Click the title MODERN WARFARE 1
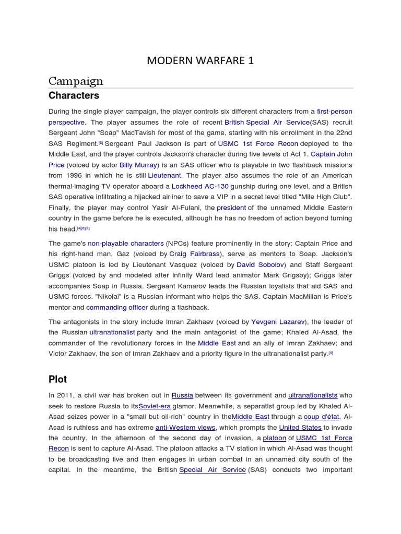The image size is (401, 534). [200, 60]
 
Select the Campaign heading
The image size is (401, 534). [76, 81]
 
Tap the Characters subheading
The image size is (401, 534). [74, 96]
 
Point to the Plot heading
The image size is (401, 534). [57, 379]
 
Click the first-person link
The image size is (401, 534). [334, 112]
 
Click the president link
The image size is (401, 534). [231, 208]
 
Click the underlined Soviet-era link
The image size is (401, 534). [155, 406]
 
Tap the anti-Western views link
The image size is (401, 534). [185, 428]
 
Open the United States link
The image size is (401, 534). [301, 428]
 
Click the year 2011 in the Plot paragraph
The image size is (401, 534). [66, 396]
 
